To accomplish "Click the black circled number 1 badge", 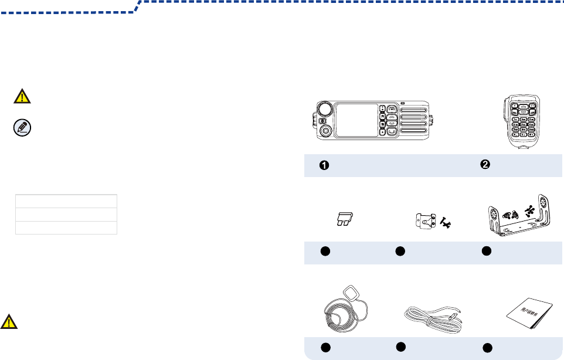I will pyautogui.click(x=323, y=166).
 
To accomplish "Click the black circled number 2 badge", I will pyautogui.click(x=485, y=165).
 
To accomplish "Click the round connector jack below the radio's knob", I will pyautogui.click(x=324, y=131).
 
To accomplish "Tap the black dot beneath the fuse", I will pyautogui.click(x=322, y=252).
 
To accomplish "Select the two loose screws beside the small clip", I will pyautogui.click(x=449, y=223).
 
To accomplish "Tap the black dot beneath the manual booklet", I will pyautogui.click(x=486, y=349).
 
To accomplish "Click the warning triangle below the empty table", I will pyautogui.click(x=8, y=321).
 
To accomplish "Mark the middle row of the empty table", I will pyautogui.click(x=66, y=214).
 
